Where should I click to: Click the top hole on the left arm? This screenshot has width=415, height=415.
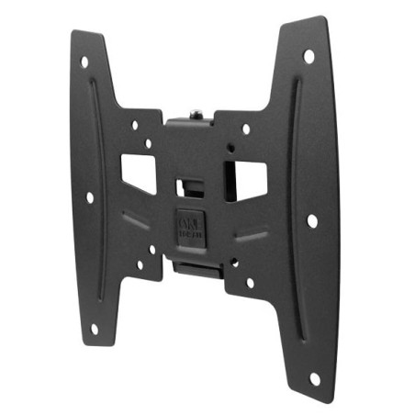(84, 62)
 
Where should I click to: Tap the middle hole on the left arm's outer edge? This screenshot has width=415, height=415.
(89, 196)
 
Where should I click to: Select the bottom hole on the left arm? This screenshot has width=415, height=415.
(95, 328)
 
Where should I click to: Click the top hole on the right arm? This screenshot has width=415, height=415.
(309, 57)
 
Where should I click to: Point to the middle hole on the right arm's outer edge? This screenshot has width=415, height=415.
(312, 220)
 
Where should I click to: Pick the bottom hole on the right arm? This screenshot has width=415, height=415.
(314, 377)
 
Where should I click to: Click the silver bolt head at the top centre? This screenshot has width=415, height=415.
(195, 116)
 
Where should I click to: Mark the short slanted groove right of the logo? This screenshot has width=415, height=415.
(249, 234)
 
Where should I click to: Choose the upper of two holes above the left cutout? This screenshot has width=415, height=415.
(135, 124)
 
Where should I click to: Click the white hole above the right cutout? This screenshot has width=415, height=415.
(245, 129)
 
